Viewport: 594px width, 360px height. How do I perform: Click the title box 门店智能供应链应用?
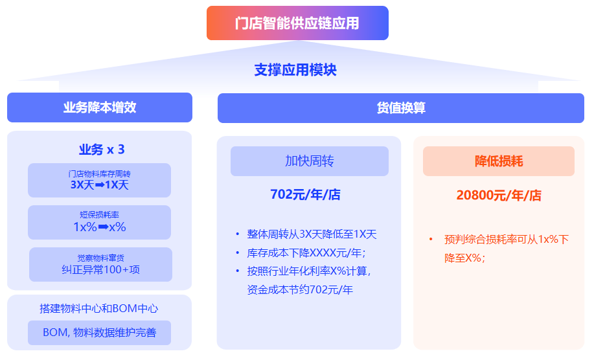[297, 23]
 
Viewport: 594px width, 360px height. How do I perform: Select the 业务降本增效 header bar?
[100, 107]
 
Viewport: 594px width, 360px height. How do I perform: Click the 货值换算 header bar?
[400, 107]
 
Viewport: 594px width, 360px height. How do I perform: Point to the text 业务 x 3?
[102, 150]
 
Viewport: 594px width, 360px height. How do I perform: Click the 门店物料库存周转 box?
[99, 180]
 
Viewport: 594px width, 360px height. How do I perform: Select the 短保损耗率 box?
[99, 222]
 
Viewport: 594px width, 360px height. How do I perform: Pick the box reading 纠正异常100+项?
[100, 265]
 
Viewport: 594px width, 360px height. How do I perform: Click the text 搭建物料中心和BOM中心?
[99, 309]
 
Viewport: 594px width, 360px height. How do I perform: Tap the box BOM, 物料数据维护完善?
[99, 333]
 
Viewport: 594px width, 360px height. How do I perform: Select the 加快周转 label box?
[310, 161]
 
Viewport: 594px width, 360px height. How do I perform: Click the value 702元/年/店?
[305, 194]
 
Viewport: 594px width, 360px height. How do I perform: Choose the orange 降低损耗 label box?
[499, 161]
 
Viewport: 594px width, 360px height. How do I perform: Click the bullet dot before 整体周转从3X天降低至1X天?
[238, 234]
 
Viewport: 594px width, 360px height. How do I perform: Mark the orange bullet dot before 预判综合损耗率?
[431, 240]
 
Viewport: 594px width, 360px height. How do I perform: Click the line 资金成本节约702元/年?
[300, 290]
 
